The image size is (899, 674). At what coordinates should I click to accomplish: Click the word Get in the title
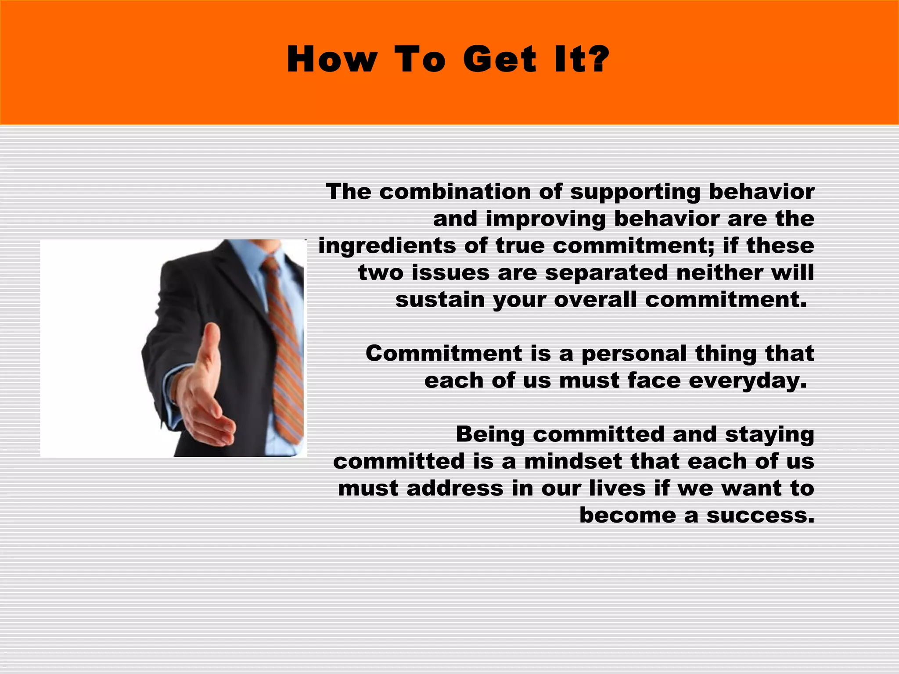pyautogui.click(x=499, y=60)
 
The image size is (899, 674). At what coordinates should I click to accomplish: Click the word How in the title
pyautogui.click(x=332, y=60)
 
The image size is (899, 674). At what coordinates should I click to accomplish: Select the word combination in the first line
pyautogui.click(x=455, y=192)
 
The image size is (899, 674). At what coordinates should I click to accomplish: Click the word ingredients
pyautogui.click(x=387, y=246)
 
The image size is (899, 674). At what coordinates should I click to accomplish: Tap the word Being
pyautogui.click(x=490, y=435)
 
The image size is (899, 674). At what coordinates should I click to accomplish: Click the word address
pyautogui.click(x=455, y=488)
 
